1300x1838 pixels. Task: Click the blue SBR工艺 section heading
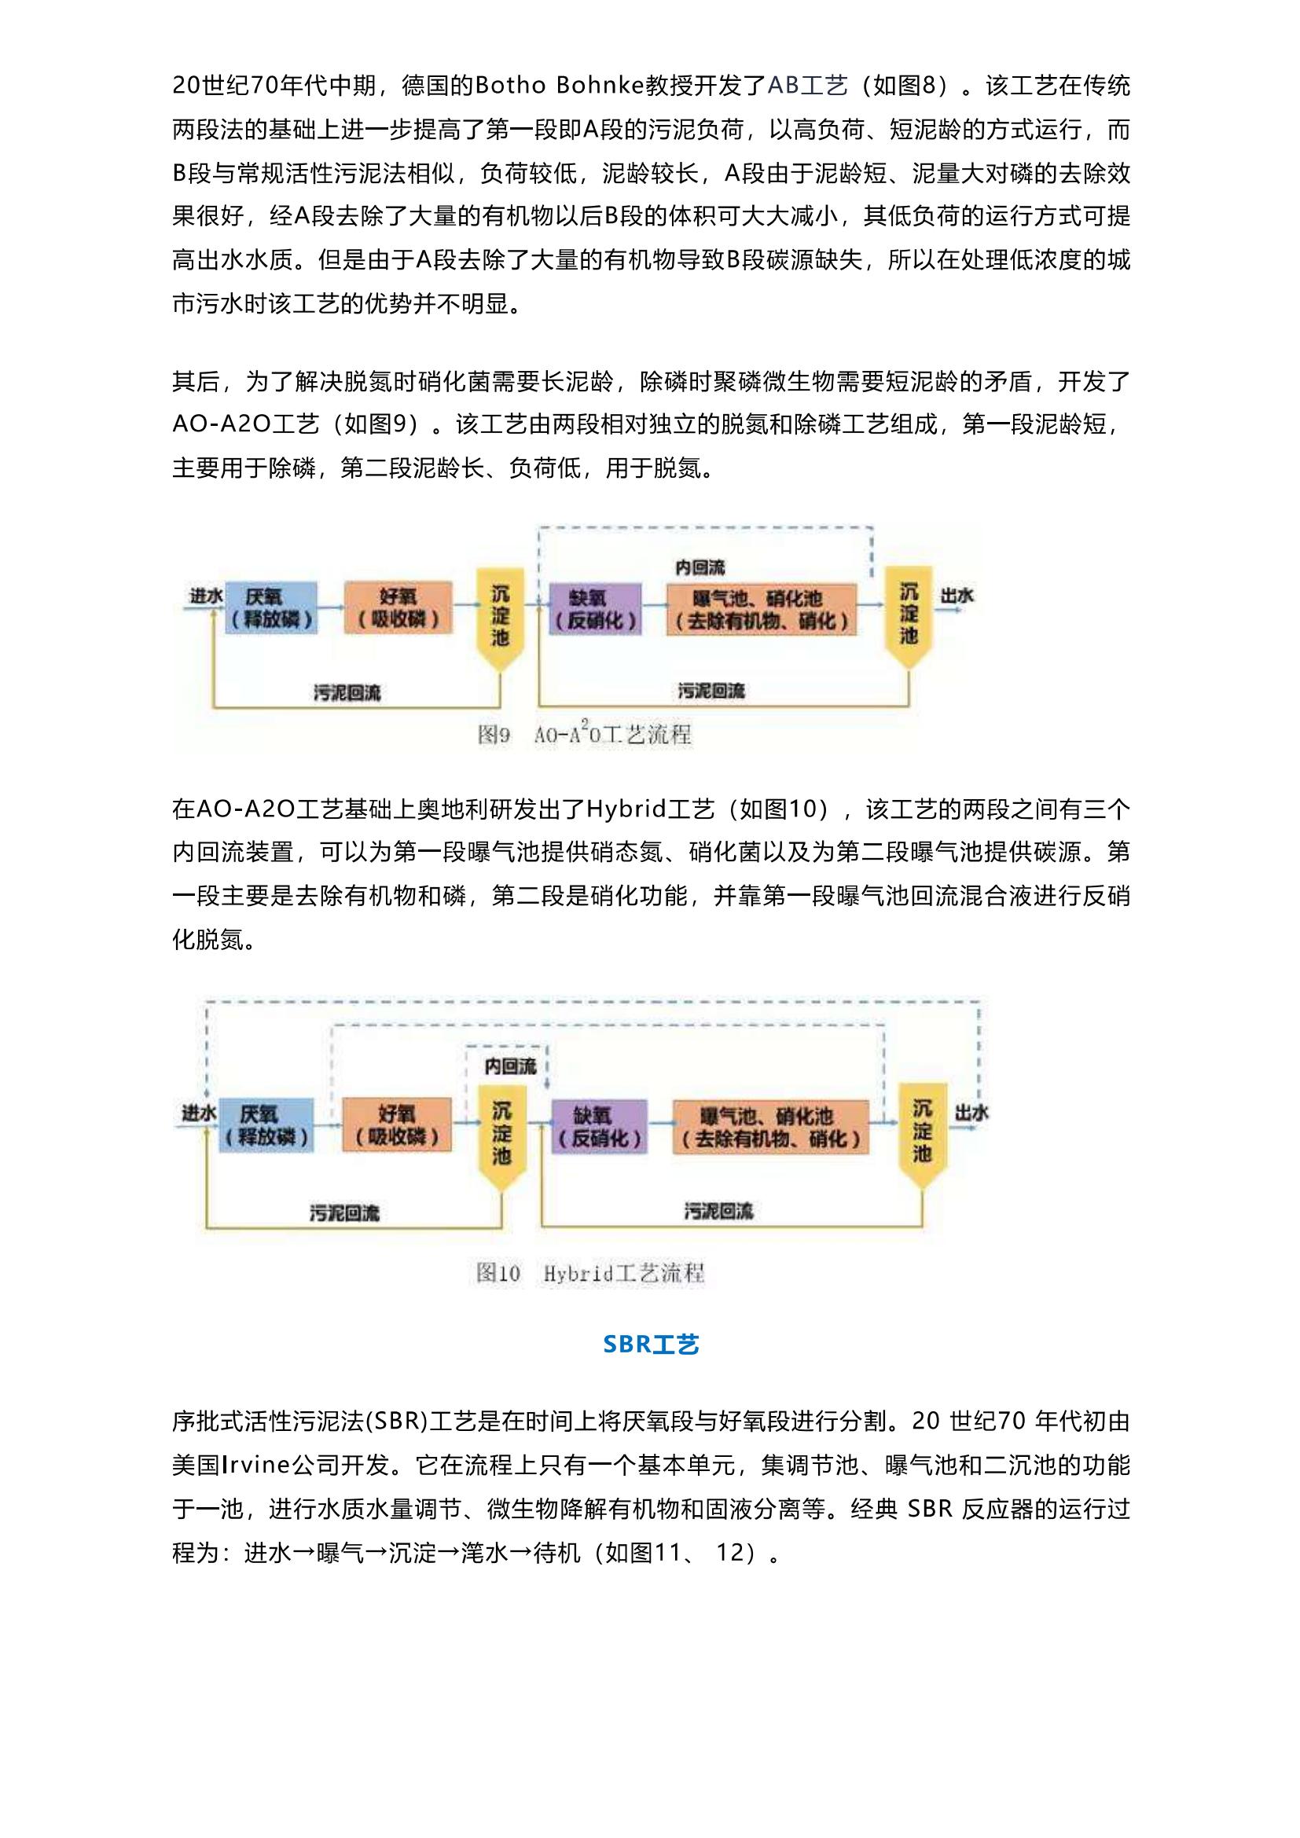coord(651,1344)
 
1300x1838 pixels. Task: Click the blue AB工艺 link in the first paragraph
coord(807,86)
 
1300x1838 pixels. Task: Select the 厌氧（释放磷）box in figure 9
coord(270,608)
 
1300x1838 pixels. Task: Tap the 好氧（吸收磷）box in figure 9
coord(398,608)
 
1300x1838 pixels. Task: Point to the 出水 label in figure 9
coord(957,596)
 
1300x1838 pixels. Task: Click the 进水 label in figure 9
coord(205,596)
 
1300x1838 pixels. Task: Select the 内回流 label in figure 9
coord(700,567)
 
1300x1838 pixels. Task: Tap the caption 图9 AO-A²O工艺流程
coord(584,734)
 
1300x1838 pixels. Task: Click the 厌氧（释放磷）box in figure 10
coord(266,1124)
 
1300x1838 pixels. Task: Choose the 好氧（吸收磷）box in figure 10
coord(396,1124)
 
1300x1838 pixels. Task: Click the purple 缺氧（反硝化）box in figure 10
coord(599,1126)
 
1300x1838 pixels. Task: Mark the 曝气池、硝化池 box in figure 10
coord(770,1126)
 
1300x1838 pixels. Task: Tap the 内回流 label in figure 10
coord(510,1066)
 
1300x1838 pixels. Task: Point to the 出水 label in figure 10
coord(971,1112)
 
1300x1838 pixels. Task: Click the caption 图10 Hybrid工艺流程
coord(590,1273)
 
